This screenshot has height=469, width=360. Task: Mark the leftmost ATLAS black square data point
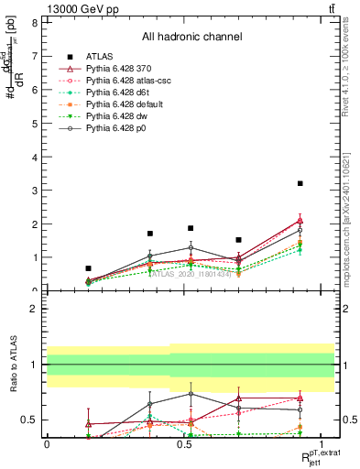[88, 268]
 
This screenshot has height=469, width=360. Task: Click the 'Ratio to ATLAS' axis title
[13, 364]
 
